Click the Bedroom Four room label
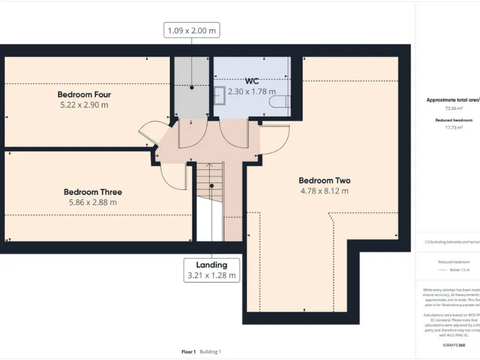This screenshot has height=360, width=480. click(84, 94)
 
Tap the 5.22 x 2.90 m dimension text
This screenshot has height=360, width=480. click(84, 104)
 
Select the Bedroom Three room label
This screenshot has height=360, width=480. click(92, 192)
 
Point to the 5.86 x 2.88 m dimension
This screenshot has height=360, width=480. click(92, 202)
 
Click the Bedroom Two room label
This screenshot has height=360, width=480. click(324, 181)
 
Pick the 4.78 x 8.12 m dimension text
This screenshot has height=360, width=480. click(324, 191)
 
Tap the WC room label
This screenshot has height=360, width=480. click(252, 81)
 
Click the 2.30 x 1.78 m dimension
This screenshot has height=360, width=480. click(252, 91)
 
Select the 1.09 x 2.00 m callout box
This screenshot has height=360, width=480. click(192, 30)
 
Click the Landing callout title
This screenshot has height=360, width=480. click(211, 265)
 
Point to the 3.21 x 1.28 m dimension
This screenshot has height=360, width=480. click(211, 275)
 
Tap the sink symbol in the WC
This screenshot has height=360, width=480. click(219, 96)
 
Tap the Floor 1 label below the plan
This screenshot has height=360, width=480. click(189, 351)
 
